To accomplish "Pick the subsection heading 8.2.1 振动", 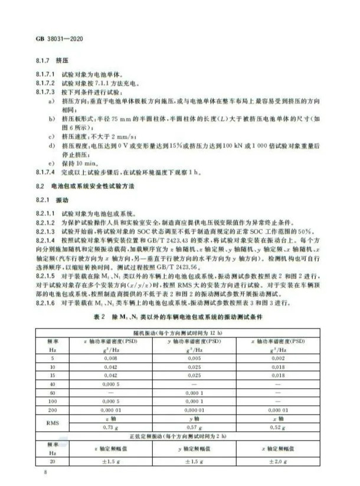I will pyautogui.click(x=50, y=199).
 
